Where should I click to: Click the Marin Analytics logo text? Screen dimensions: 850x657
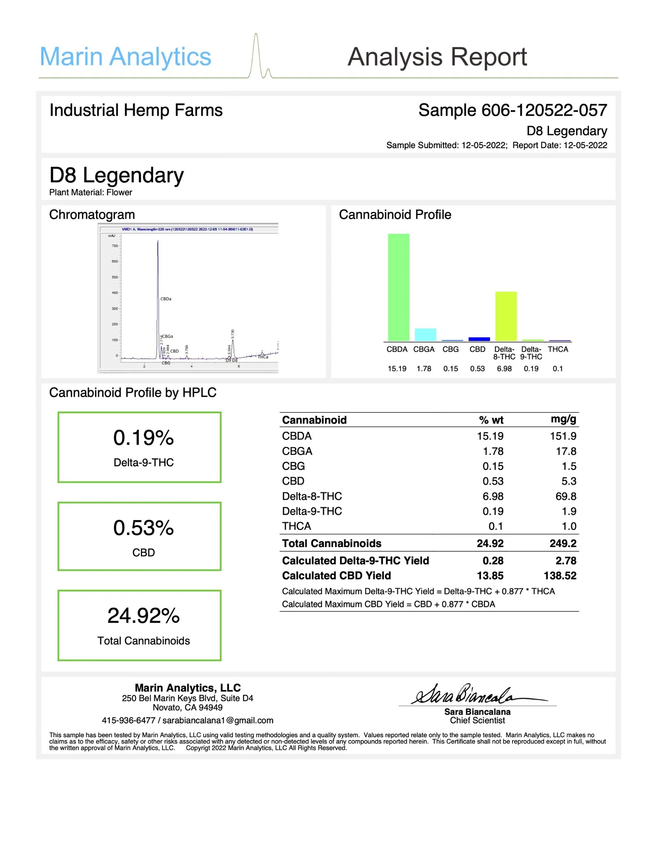[x=125, y=57]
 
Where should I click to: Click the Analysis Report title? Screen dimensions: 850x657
[x=437, y=57]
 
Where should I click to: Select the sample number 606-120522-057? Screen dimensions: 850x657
[x=544, y=110]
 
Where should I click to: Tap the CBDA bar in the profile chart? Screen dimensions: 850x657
[x=398, y=287]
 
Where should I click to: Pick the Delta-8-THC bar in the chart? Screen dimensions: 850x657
[x=505, y=316]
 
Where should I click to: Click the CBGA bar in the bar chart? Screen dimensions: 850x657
[x=425, y=335]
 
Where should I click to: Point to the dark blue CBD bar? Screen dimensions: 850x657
[x=479, y=339]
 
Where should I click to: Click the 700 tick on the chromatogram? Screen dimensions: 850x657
[x=114, y=246]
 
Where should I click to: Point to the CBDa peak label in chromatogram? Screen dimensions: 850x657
[x=166, y=299]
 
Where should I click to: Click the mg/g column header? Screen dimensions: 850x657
[x=563, y=419]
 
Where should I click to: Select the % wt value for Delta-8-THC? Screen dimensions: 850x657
[x=493, y=496]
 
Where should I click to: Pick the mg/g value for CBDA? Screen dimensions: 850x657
[x=563, y=436]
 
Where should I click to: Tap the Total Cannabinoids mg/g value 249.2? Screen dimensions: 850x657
[x=563, y=543]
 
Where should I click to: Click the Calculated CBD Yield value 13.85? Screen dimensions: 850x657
[x=490, y=575]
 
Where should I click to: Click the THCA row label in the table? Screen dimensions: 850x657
[x=296, y=526]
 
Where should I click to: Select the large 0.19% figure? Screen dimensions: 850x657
[x=143, y=438]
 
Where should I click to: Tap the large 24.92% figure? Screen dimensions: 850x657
[x=143, y=616]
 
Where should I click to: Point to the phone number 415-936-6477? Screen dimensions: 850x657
[x=129, y=720]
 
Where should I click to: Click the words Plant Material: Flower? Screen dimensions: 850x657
[x=91, y=192]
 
